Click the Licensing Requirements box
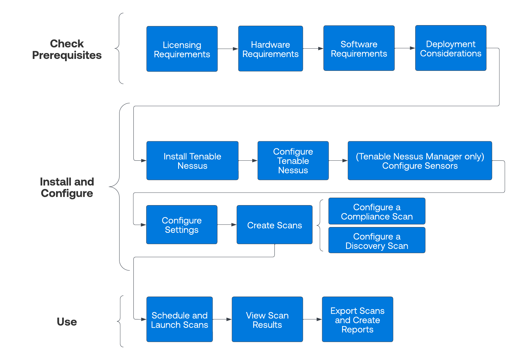(x=182, y=49)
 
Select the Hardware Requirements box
(x=271, y=49)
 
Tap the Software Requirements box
(x=359, y=48)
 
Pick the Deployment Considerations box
(x=451, y=48)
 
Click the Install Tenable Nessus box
(x=192, y=161)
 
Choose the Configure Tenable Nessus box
(x=293, y=161)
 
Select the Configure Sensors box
(x=420, y=161)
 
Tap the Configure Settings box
(x=182, y=225)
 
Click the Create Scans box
(x=274, y=225)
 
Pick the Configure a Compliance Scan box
(x=377, y=211)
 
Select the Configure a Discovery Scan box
(x=377, y=241)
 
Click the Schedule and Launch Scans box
(x=179, y=319)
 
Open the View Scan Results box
(x=267, y=319)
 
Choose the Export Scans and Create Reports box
(x=358, y=319)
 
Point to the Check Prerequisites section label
(x=67, y=49)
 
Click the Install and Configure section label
(x=67, y=187)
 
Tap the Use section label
(x=67, y=322)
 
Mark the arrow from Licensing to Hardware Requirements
(x=228, y=49)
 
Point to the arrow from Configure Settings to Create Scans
(x=227, y=225)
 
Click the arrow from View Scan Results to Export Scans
(x=312, y=319)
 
